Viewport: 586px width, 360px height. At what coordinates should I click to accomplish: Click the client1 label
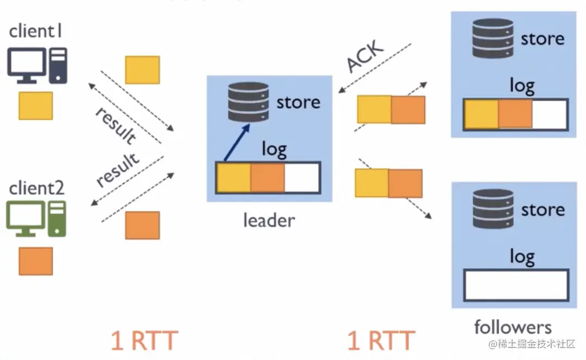coord(36,31)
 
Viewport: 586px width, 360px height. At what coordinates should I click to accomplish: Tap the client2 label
coord(37,188)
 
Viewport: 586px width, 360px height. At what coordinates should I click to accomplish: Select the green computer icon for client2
coord(36,218)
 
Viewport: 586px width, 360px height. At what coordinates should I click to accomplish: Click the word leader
coord(269,220)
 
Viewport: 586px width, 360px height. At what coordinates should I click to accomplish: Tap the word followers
coord(513,327)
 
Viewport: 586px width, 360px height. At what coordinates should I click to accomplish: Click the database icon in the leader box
coord(249,101)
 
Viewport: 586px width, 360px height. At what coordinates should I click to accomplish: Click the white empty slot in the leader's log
coord(302,178)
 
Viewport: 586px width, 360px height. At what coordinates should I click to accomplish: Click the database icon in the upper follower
coord(493,38)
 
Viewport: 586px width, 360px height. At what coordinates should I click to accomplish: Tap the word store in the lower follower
coord(543,210)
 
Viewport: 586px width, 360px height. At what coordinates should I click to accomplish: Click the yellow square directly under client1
coord(36,106)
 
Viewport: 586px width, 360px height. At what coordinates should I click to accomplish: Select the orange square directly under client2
coord(36,261)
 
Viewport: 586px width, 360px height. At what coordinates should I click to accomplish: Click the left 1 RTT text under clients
coord(144,341)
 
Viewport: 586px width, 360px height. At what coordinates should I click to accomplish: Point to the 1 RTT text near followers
coord(381,341)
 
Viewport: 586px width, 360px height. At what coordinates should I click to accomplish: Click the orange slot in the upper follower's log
coord(515,114)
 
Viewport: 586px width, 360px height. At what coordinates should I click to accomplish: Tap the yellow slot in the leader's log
coord(234,178)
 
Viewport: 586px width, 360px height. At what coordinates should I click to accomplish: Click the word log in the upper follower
coord(522,86)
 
